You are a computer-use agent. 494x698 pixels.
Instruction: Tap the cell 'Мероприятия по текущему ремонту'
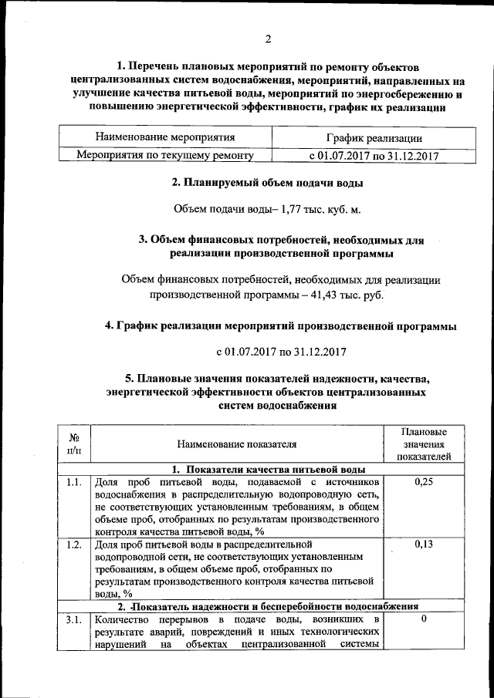[x=164, y=155]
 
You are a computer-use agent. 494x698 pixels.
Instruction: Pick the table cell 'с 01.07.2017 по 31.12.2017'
[x=374, y=155]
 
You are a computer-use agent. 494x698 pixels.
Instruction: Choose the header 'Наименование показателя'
[x=236, y=444]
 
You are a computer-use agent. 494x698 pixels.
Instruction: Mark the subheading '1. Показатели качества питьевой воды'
[x=268, y=469]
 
